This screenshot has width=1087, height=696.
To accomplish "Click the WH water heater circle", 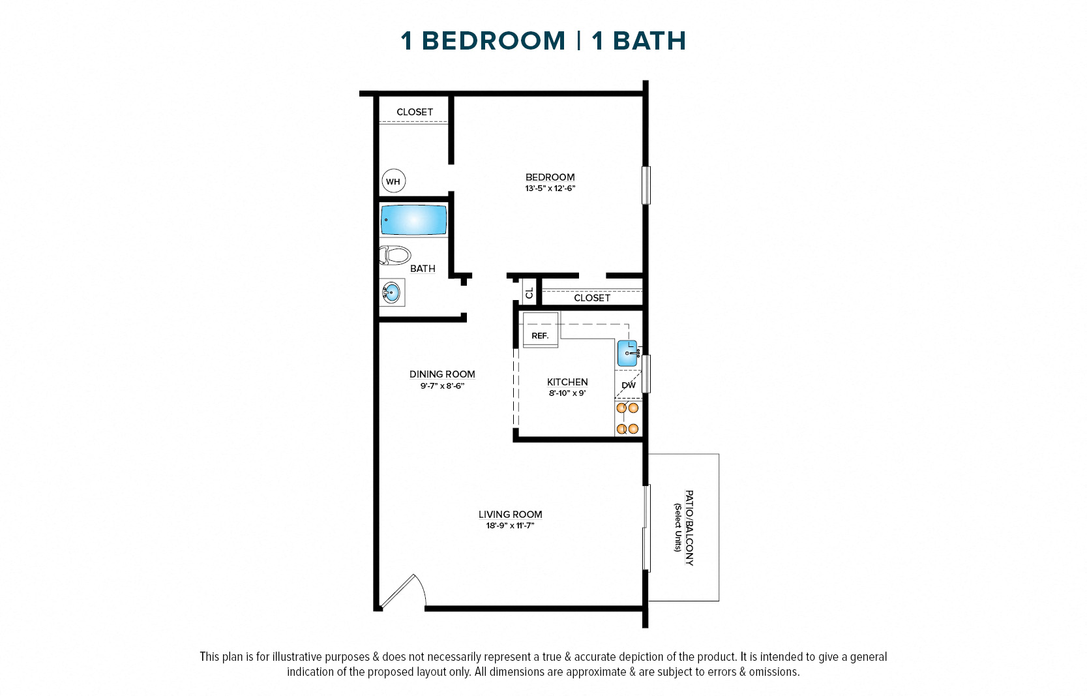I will pos(393,181).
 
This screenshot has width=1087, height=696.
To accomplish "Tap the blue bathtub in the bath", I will pos(413,220).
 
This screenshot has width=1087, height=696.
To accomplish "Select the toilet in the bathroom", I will pos(395,255).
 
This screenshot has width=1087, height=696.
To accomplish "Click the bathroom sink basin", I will pos(391,292).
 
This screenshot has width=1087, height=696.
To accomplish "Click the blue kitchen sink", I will pos(627,353).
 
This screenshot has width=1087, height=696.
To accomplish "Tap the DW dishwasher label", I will pos(629,385).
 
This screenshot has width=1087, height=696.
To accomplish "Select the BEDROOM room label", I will pos(550,177).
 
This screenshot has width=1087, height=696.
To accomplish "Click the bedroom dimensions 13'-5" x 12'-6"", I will pos(550,189).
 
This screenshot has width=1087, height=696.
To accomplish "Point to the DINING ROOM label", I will pos(442,374).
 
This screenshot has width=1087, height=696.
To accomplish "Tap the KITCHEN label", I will pos(567,382).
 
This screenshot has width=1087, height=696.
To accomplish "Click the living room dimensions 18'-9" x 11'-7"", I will pos(510,526).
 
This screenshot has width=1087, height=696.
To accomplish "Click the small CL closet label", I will pos(529,293).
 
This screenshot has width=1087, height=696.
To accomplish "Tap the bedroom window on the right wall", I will pos(646,185).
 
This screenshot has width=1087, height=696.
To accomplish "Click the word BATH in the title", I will pos(649,41).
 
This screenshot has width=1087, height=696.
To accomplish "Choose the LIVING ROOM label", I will pos(510,515).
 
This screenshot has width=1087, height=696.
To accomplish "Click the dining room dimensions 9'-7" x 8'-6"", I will pos(442,386).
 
